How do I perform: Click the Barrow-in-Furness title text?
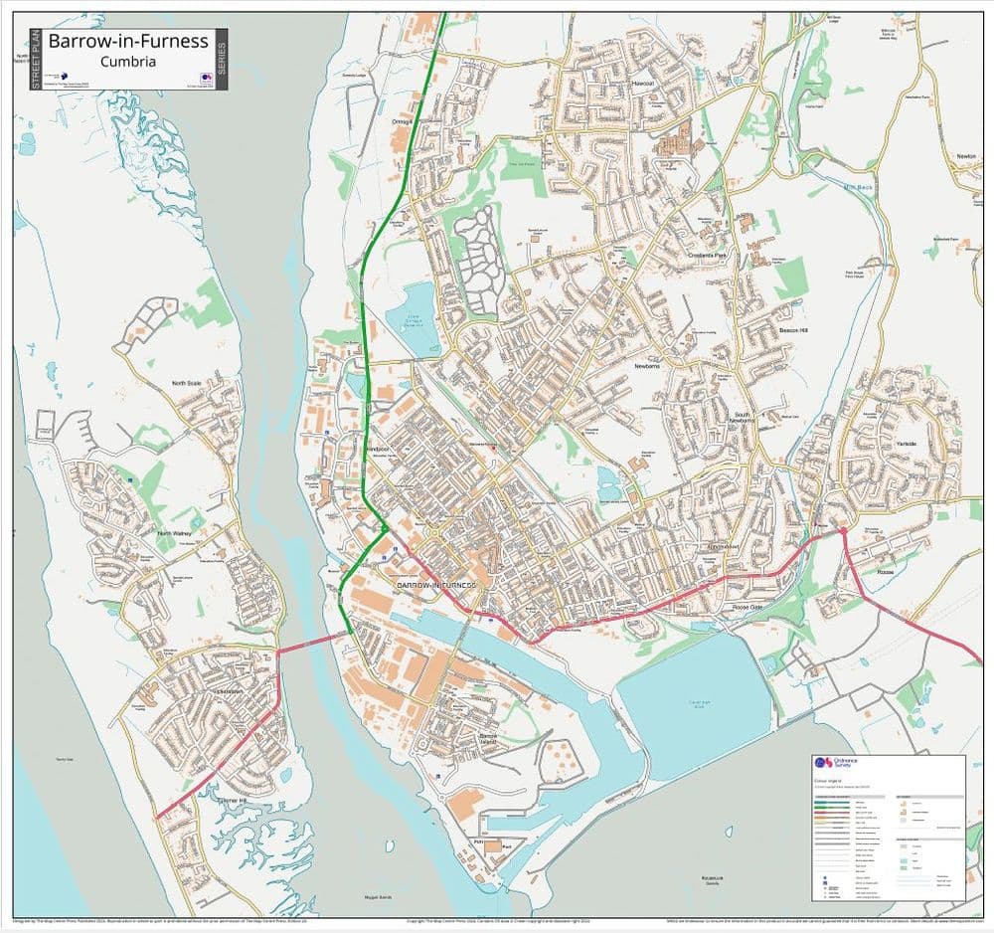click(128, 42)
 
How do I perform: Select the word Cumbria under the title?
click(128, 61)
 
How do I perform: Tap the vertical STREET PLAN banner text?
click(37, 60)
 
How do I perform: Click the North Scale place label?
click(186, 383)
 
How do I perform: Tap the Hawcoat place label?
click(644, 84)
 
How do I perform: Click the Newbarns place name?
click(647, 366)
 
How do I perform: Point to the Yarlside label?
click(906, 443)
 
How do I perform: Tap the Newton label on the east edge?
click(966, 156)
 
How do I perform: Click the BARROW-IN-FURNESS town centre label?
click(437, 586)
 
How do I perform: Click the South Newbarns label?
click(743, 417)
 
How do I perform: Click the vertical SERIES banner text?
click(222, 60)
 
